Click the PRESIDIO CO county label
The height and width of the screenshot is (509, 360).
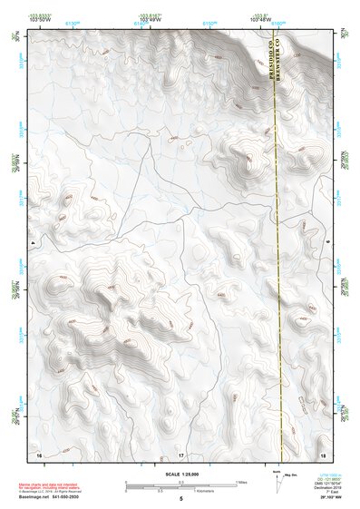point(271,64)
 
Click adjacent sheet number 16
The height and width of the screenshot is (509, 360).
point(38,454)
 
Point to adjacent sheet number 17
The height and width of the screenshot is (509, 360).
point(180,454)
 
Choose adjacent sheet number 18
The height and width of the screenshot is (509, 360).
point(323,454)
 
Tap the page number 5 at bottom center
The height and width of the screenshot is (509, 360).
point(180,499)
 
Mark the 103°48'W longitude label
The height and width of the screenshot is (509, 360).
point(261,19)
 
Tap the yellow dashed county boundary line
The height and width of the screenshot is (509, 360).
point(277,272)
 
